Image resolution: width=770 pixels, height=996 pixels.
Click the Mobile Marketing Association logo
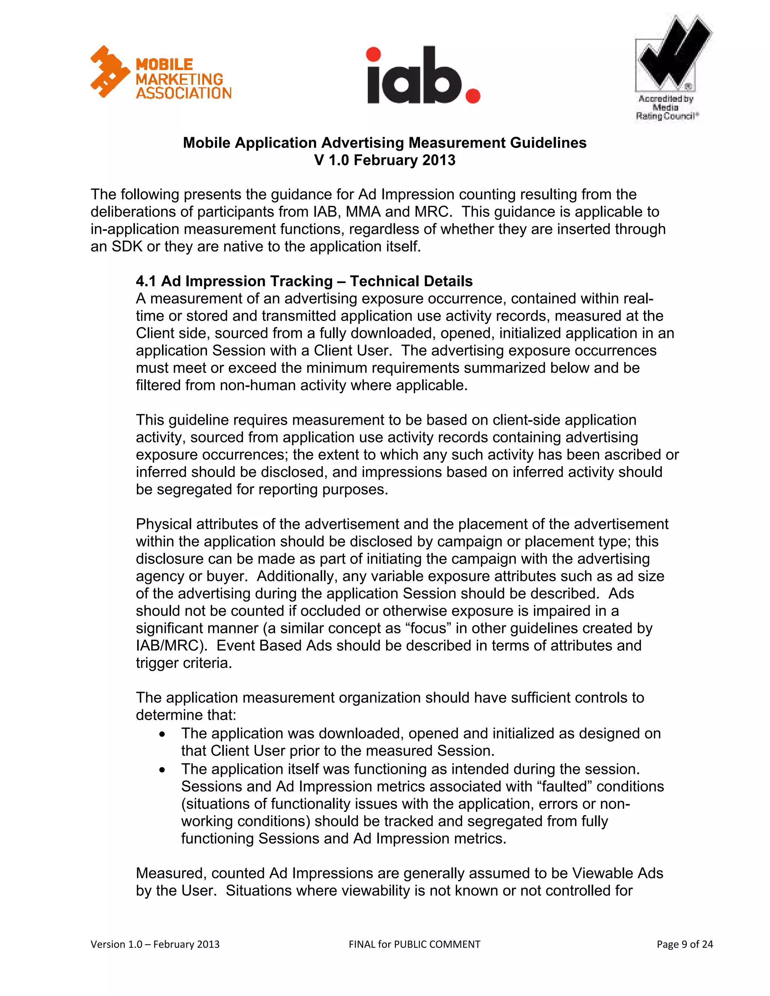[161, 73]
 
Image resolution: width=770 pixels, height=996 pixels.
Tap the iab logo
[423, 75]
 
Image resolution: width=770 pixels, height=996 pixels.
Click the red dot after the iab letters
[473, 95]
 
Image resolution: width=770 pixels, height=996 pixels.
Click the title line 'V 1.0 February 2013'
[385, 160]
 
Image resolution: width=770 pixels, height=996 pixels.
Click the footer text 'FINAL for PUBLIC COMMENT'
[414, 944]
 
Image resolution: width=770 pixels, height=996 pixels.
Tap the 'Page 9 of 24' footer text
[684, 944]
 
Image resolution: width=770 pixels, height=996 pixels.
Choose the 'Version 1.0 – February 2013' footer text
[155, 944]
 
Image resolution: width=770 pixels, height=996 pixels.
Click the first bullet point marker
[162, 735]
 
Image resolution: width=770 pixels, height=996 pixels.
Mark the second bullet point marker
[162, 770]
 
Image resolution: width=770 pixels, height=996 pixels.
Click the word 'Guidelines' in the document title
[548, 143]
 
